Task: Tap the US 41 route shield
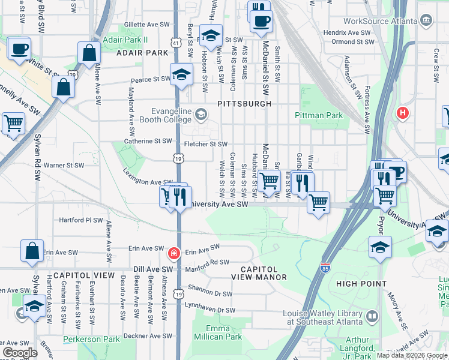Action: pyautogui.click(x=175, y=44)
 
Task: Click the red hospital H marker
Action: pyautogui.click(x=403, y=112)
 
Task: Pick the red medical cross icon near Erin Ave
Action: pyautogui.click(x=174, y=253)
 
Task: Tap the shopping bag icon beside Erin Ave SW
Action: pyautogui.click(x=32, y=251)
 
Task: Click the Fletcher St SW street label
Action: pyautogui.click(x=205, y=144)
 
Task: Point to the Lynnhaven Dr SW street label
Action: pyautogui.click(x=209, y=310)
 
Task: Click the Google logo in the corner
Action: pyautogui.click(x=20, y=353)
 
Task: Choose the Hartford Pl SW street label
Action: pyautogui.click(x=81, y=220)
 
